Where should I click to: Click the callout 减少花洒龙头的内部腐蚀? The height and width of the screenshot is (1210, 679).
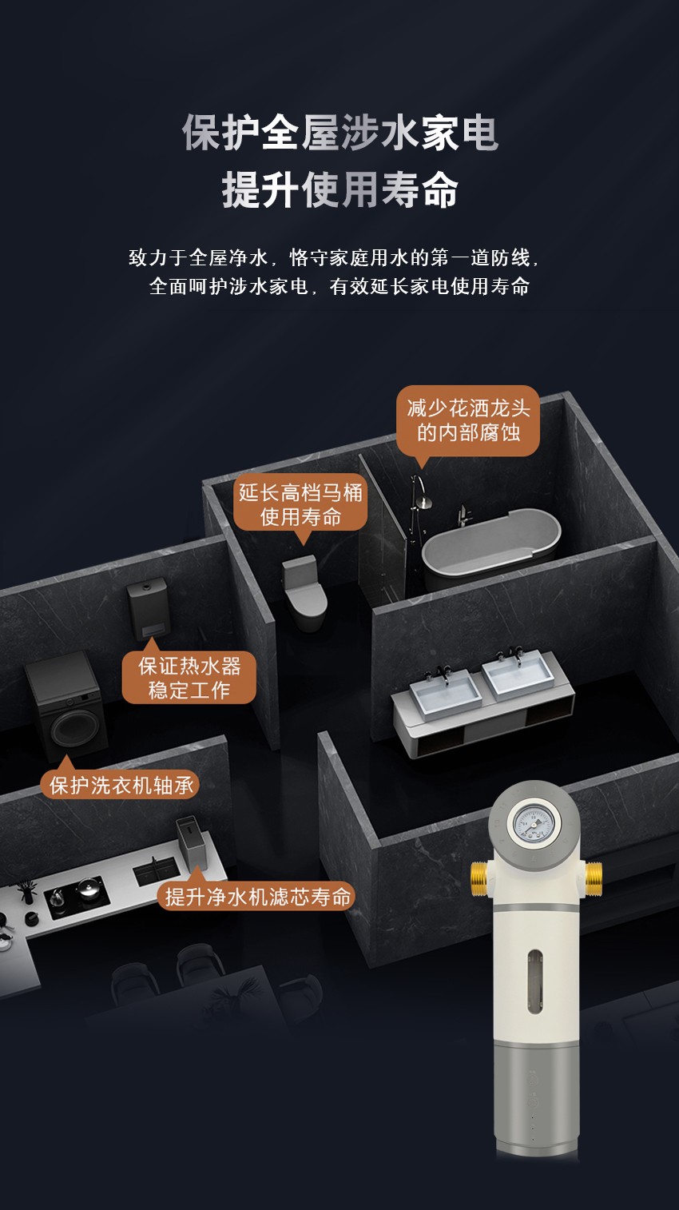tap(468, 420)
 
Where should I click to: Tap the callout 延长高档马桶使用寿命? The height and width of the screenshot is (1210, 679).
tap(300, 504)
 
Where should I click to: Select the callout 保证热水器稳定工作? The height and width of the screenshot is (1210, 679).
tap(189, 676)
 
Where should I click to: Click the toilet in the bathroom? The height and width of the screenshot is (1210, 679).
tap(305, 592)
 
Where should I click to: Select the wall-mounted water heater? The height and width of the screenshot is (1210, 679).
tap(149, 607)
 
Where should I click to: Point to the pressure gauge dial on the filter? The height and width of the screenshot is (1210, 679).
tap(534, 824)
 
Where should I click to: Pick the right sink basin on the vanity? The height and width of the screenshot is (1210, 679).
tap(517, 673)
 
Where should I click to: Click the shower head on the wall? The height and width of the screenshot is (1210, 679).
tap(425, 503)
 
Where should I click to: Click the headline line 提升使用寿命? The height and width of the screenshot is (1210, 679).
tap(340, 190)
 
